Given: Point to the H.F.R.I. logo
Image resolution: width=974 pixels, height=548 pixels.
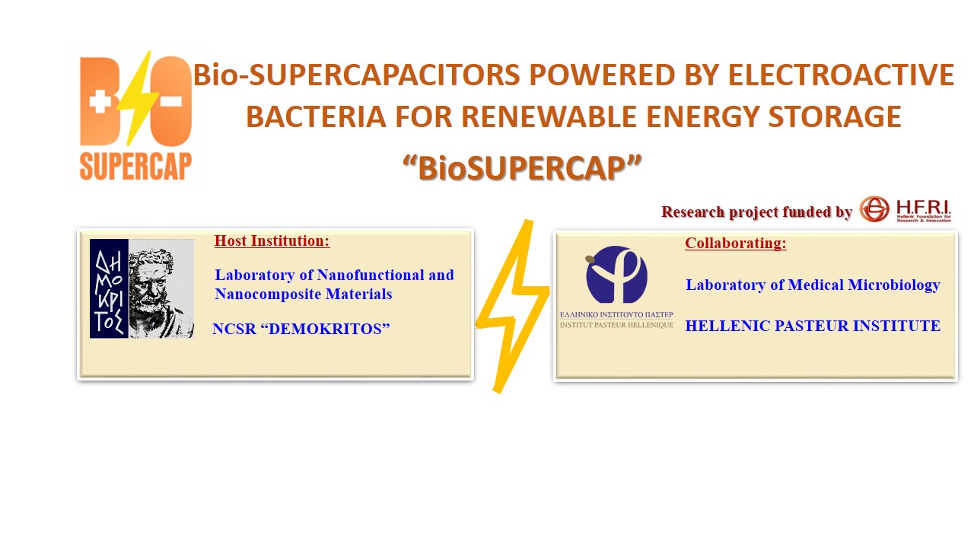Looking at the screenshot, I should click(x=905, y=209).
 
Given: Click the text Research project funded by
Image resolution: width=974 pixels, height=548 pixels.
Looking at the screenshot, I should click(x=756, y=212).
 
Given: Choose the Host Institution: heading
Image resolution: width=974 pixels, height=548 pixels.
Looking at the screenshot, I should click(x=272, y=241).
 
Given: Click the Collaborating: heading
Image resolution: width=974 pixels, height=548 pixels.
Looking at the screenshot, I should click(x=735, y=244).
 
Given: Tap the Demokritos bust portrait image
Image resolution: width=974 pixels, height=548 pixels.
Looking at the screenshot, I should click(x=161, y=288).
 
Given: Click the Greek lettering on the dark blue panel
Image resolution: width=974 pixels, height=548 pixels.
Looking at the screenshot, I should click(x=109, y=288).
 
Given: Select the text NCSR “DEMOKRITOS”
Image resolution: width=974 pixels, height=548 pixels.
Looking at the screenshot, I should click(x=301, y=329).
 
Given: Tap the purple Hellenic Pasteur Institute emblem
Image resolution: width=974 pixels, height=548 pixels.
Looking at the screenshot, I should click(x=616, y=275).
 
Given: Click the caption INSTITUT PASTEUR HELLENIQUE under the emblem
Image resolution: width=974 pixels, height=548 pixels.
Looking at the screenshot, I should click(x=616, y=324).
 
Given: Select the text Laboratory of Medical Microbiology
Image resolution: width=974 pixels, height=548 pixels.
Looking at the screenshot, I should click(x=813, y=285).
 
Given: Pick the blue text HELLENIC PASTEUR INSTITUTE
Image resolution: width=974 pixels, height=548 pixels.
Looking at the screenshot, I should click(x=813, y=327).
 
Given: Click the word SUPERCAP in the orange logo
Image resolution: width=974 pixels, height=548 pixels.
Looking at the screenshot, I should click(x=136, y=166).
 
